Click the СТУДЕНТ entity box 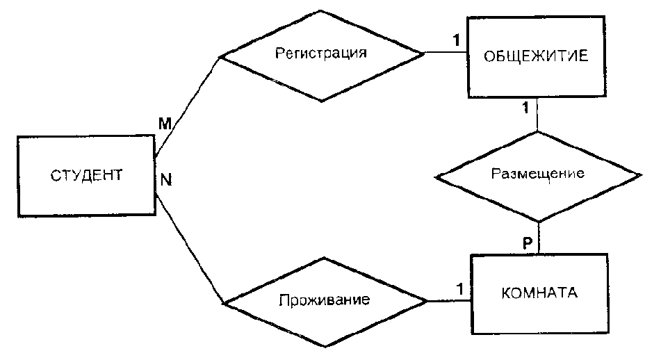85,175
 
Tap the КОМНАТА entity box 539,293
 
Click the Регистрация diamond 320,55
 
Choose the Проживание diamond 324,302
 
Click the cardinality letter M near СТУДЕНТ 165,124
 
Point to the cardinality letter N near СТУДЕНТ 166,179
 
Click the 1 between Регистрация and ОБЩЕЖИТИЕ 455,40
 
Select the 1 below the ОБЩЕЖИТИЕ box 525,108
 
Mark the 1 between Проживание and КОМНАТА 459,287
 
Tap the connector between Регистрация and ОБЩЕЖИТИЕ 445,53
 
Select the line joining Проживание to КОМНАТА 448,301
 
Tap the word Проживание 324,302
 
